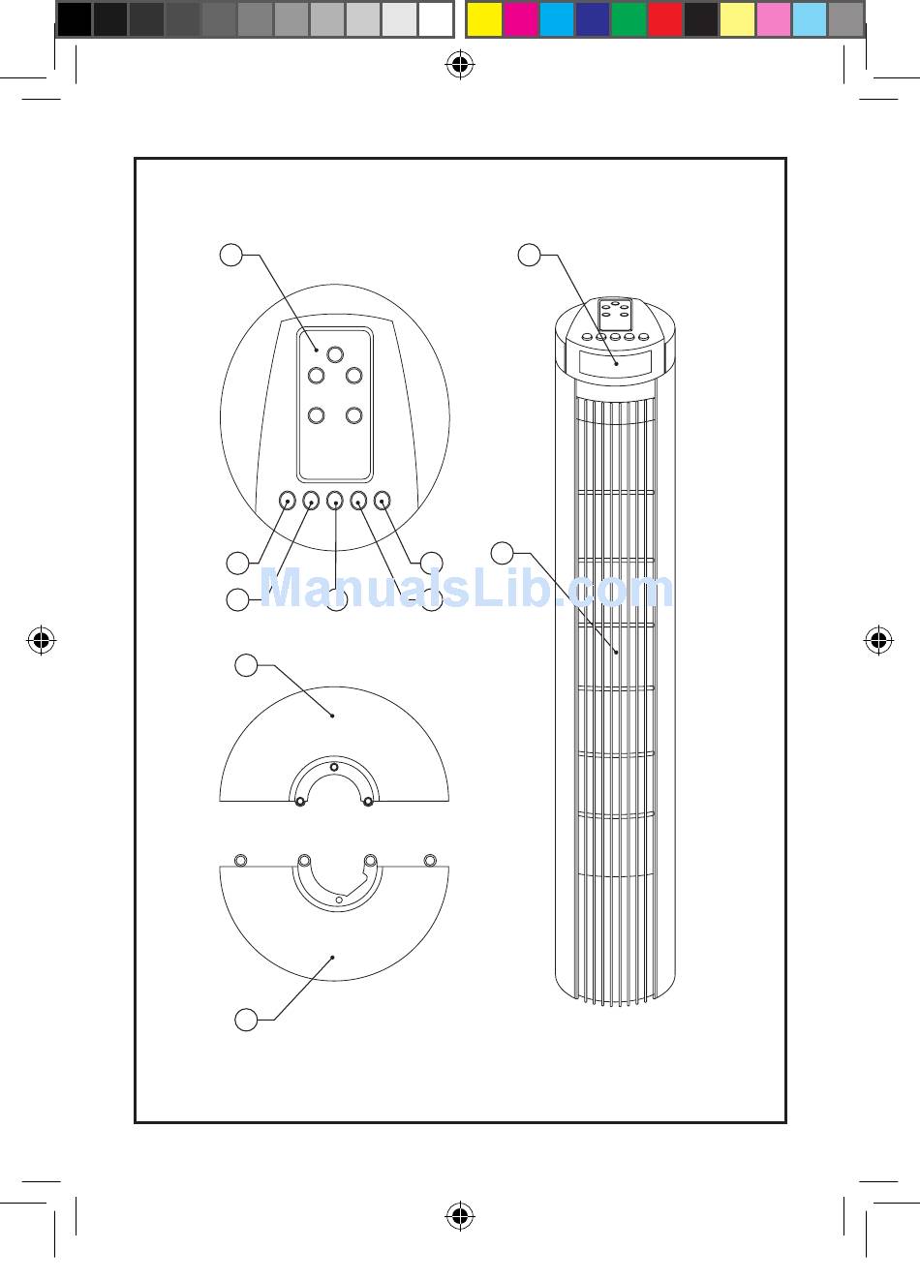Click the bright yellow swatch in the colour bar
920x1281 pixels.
[484, 18]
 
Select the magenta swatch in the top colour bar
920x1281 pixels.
[521, 18]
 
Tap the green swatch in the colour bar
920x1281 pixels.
[629, 18]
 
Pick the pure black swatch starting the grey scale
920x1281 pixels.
[75, 18]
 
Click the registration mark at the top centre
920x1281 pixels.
[460, 65]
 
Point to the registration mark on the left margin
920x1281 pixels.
[42, 640]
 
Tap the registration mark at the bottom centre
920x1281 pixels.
[460, 1216]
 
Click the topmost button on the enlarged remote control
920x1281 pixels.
[335, 354]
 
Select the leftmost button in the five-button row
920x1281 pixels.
[288, 501]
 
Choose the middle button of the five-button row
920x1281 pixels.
[335, 501]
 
